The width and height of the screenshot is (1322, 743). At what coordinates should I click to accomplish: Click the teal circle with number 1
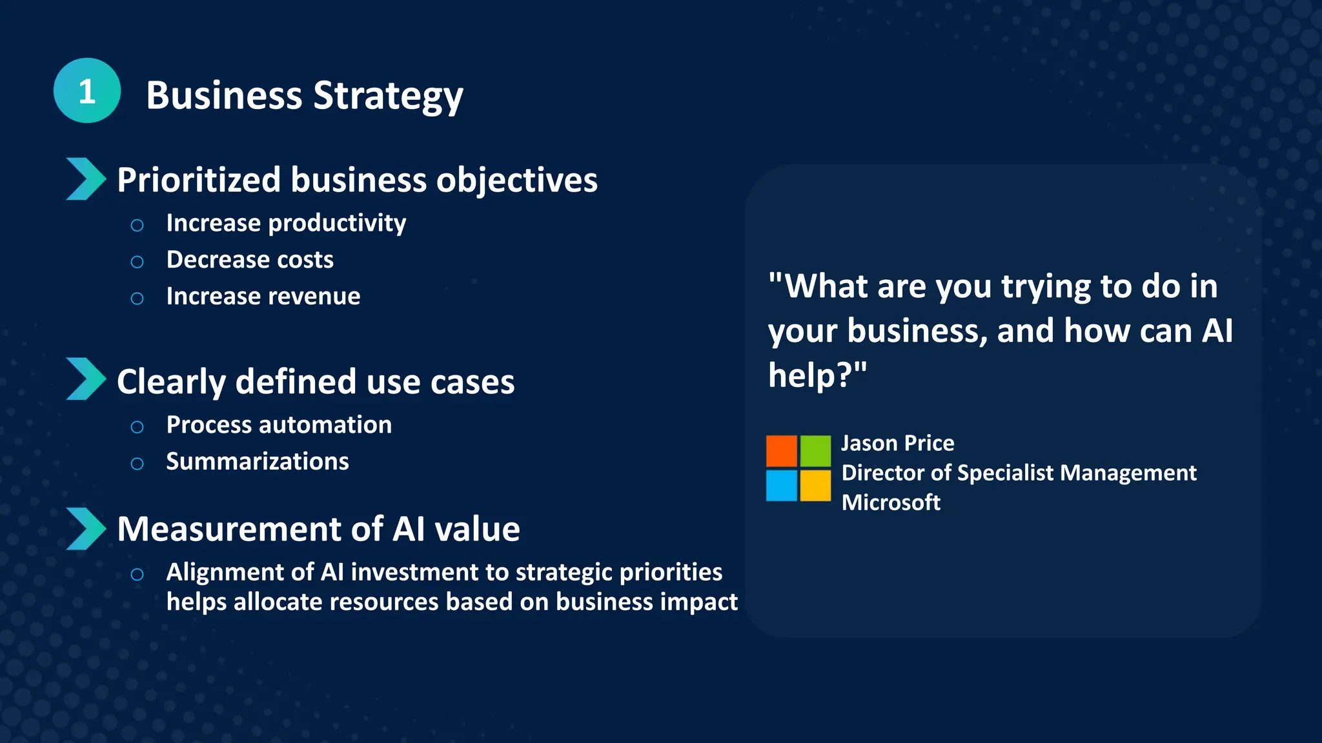(87, 91)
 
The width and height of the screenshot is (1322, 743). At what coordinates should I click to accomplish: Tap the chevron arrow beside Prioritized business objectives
(85, 179)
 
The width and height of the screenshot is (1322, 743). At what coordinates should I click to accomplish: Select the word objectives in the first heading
(516, 180)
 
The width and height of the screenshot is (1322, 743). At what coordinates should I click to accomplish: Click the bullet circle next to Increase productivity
(137, 225)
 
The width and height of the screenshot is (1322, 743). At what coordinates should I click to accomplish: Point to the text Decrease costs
(250, 259)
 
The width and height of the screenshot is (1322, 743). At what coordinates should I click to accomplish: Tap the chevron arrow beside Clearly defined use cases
(85, 379)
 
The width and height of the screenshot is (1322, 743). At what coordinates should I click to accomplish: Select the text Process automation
(279, 424)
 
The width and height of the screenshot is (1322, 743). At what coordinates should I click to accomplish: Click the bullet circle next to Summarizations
(137, 464)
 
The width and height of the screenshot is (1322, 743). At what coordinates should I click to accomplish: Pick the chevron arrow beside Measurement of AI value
(85, 528)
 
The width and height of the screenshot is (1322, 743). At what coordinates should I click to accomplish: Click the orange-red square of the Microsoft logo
(782, 451)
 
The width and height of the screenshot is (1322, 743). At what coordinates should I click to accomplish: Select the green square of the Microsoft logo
(815, 451)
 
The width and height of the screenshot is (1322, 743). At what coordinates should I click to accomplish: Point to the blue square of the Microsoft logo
(782, 485)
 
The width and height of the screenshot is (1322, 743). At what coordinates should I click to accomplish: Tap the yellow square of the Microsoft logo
(815, 485)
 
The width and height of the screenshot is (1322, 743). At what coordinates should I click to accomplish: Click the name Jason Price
(897, 443)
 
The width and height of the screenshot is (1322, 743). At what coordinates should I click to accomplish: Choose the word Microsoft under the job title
(891, 502)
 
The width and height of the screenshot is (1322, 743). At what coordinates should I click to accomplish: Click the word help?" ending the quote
(817, 375)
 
